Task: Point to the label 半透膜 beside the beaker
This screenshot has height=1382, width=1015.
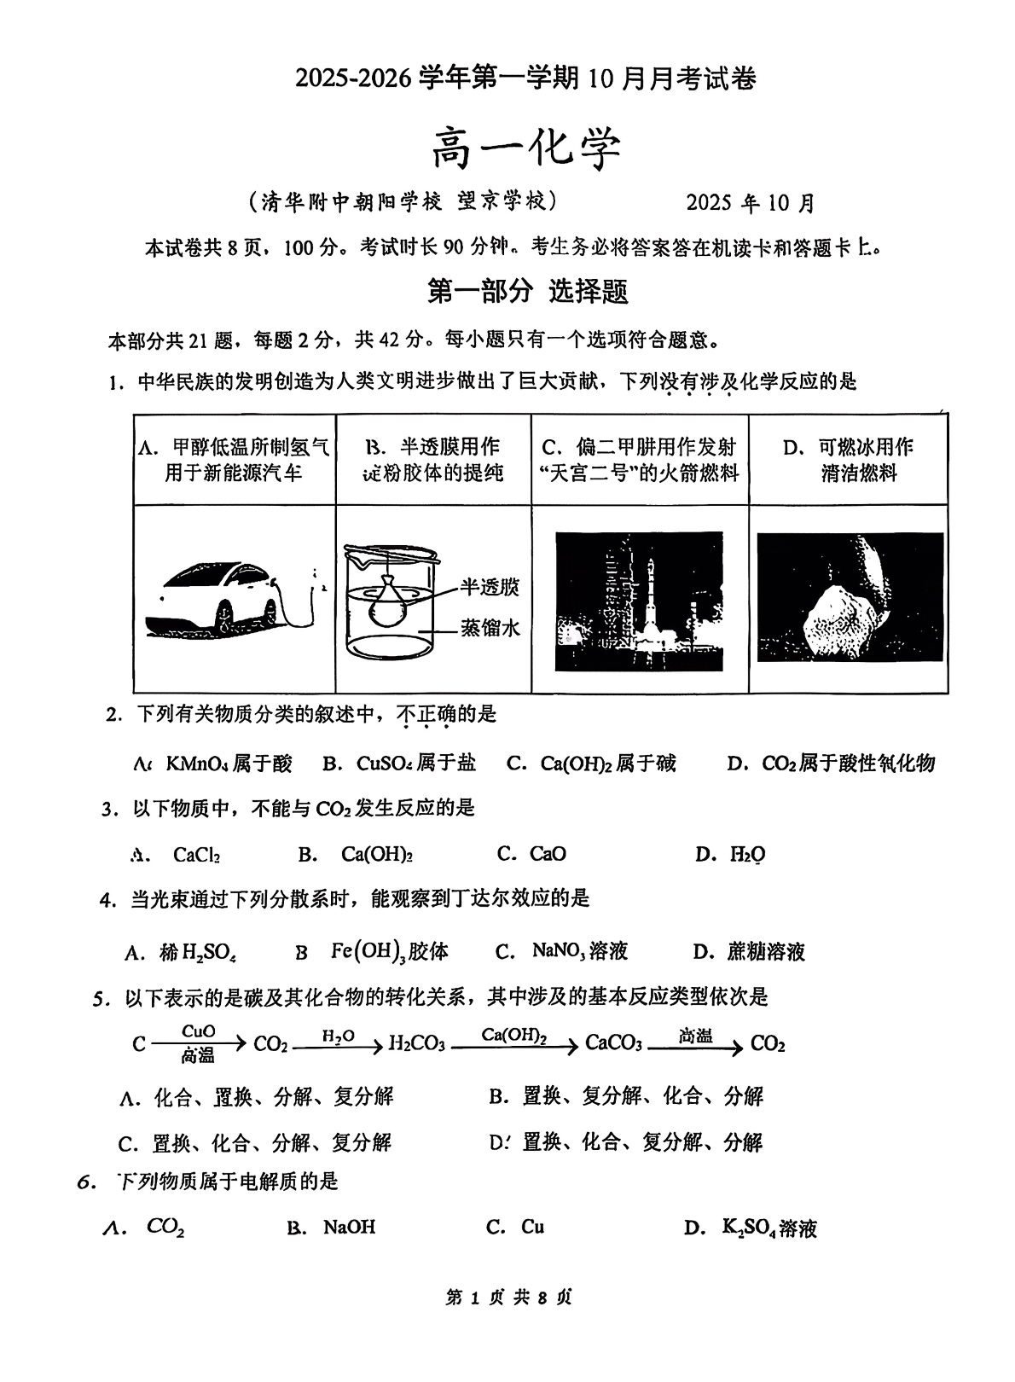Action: [490, 587]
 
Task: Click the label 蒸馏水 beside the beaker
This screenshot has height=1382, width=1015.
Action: [490, 628]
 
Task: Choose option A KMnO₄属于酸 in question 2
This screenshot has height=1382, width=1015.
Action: [215, 763]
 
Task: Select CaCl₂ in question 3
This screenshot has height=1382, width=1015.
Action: [196, 854]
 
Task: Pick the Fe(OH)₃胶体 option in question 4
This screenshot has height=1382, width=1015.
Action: [389, 951]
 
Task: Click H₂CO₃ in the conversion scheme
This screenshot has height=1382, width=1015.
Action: [416, 1044]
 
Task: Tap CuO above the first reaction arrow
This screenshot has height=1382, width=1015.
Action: [199, 1031]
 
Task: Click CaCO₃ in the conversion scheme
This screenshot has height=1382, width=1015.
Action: [613, 1044]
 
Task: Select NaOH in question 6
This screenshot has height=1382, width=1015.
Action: [349, 1227]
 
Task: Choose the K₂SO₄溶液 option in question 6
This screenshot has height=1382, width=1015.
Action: [768, 1228]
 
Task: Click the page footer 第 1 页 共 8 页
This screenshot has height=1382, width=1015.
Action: [508, 1298]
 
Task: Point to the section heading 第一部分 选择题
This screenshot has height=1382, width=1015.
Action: [527, 292]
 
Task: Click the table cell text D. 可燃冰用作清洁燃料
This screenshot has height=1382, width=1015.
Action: [848, 459]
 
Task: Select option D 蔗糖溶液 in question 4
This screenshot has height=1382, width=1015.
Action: [765, 951]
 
